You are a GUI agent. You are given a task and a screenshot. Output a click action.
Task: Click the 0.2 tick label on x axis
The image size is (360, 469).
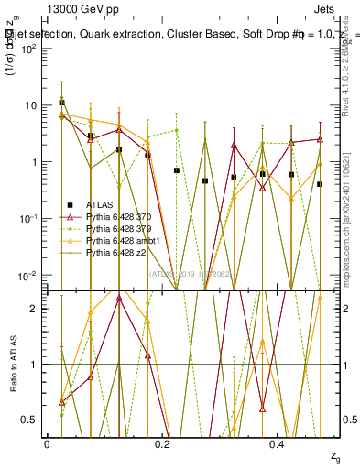coord(162,443)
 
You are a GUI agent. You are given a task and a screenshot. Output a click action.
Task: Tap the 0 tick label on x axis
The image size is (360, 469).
coord(47,443)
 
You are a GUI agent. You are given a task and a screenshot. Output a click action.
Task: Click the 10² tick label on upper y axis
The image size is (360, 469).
coord(29,49)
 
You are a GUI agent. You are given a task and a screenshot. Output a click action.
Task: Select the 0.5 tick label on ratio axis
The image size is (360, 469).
coord(30,420)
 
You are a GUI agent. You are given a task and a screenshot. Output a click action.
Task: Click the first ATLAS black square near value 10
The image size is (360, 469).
coord(61,103)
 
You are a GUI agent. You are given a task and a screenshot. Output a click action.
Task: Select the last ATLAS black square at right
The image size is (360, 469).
coord(320,184)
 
